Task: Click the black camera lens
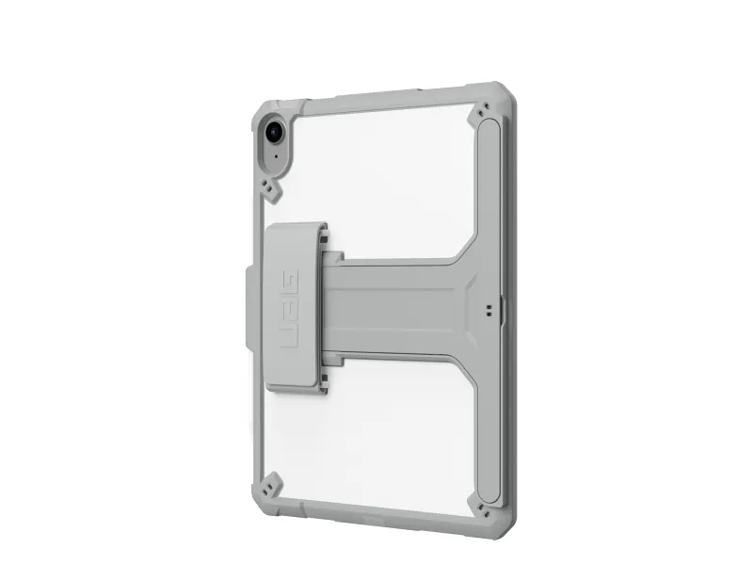[274, 131]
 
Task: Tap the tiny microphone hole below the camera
[276, 156]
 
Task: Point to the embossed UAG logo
[289, 309]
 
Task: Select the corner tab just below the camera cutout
[272, 190]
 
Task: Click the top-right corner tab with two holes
[483, 110]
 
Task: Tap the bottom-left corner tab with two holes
[271, 484]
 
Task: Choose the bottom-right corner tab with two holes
[483, 508]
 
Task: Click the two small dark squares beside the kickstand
[489, 311]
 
